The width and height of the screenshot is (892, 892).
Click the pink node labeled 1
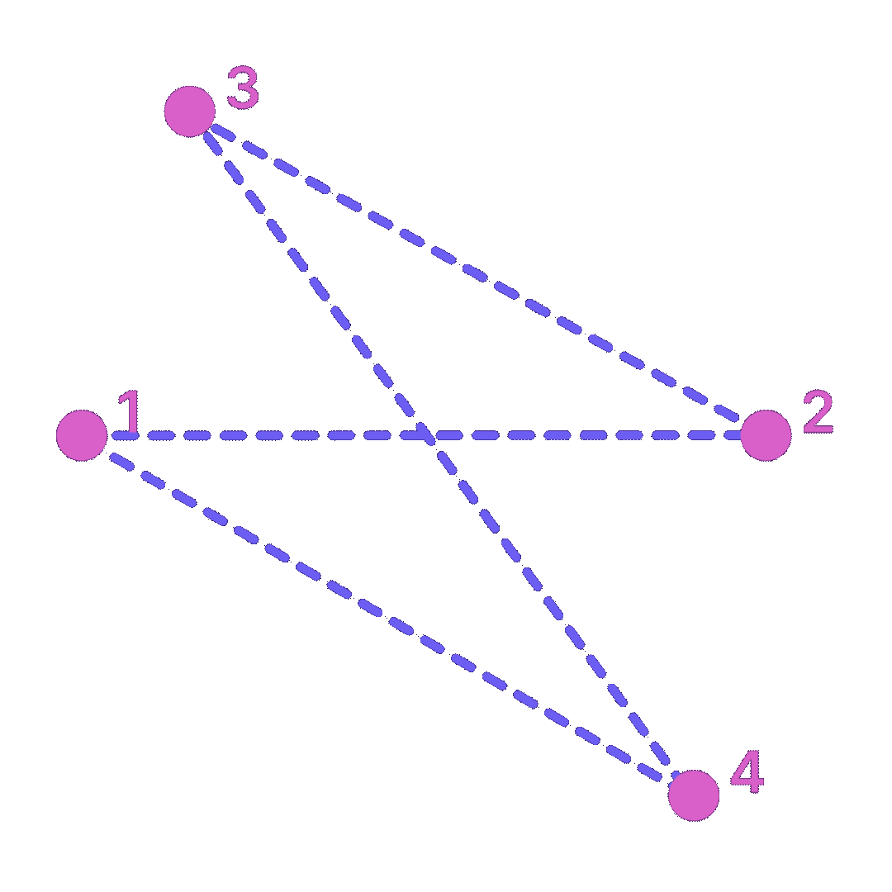(x=82, y=435)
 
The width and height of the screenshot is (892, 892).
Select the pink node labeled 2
(x=766, y=435)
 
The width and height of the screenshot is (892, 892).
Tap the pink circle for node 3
(x=190, y=111)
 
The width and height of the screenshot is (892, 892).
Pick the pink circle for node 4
(x=694, y=795)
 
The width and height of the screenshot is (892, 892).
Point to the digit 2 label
(x=818, y=413)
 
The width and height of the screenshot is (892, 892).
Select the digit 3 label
(x=243, y=88)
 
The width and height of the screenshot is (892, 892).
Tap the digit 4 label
(x=747, y=774)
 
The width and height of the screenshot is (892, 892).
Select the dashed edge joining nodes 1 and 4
(x=388, y=615)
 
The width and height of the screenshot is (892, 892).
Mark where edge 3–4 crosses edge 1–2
(x=429, y=435)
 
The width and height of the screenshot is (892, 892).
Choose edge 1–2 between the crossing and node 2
(x=595, y=435)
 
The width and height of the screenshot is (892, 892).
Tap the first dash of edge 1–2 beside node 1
(x=124, y=435)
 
